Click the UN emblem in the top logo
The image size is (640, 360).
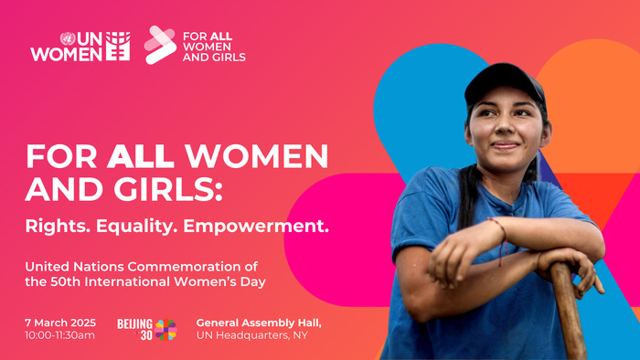67,38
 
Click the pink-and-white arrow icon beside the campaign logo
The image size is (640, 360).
160,44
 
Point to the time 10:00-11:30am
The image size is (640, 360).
61,335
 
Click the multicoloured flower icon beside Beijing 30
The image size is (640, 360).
166,329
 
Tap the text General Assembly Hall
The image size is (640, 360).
259,323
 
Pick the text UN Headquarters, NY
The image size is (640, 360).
253,335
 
